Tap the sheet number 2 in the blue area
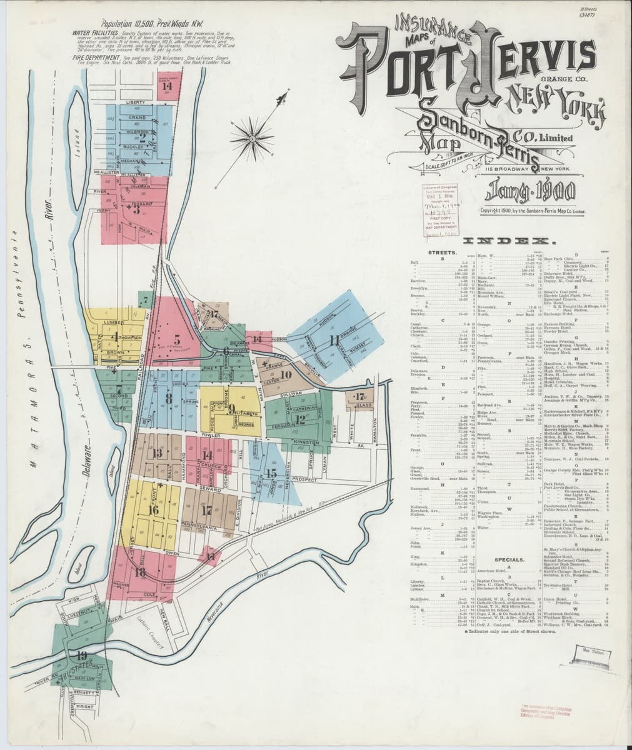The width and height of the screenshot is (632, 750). point(143,139)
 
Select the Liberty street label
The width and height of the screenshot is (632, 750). point(135,102)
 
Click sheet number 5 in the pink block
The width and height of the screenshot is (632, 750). point(177,341)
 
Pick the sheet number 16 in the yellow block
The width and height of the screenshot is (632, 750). point(153,510)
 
